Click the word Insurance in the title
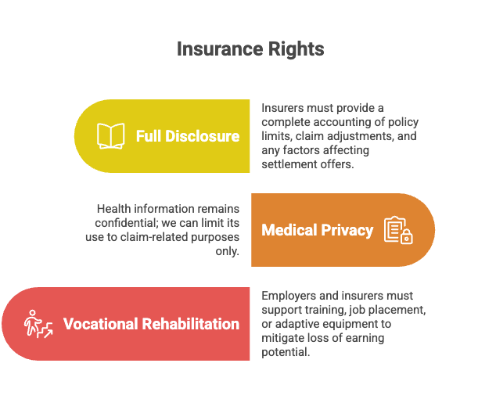[x=220, y=49]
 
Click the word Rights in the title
[x=296, y=49]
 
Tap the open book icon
[x=111, y=136]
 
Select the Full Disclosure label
[x=188, y=136]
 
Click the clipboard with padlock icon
[x=398, y=230]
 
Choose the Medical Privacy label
[x=318, y=230]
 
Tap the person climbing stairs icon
[x=38, y=324]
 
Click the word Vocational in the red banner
[x=101, y=324]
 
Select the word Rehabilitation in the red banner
[x=191, y=324]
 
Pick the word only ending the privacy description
[x=227, y=251]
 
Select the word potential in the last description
[x=286, y=352]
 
